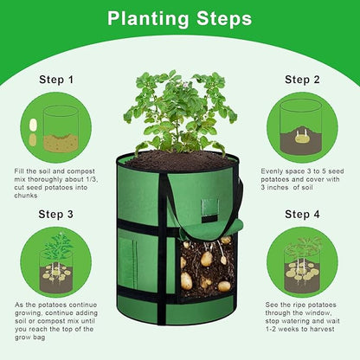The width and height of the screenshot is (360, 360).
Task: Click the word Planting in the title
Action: click(148, 19)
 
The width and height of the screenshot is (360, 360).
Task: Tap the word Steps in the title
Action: click(224, 19)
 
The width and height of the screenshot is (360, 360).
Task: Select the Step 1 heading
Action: click(56, 80)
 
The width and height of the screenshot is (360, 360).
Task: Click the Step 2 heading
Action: click(302, 80)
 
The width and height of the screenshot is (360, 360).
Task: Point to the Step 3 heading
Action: click(56, 215)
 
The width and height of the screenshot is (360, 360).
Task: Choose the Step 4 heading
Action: click(302, 215)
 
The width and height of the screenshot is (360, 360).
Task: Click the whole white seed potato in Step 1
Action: click(33, 125)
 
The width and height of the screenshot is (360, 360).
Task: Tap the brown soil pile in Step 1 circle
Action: click(61, 143)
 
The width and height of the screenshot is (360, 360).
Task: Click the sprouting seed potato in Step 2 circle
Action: click(302, 138)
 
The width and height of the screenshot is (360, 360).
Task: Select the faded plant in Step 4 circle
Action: click(302, 247)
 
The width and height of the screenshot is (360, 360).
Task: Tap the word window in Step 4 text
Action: click(316, 312)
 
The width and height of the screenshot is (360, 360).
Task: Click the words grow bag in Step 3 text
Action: click(30, 337)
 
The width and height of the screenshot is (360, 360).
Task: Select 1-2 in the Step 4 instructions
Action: click(272, 329)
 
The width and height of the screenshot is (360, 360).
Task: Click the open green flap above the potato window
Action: click(211, 230)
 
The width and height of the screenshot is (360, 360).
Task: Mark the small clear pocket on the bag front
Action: click(209, 207)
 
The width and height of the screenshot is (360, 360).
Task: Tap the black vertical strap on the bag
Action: click(162, 248)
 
